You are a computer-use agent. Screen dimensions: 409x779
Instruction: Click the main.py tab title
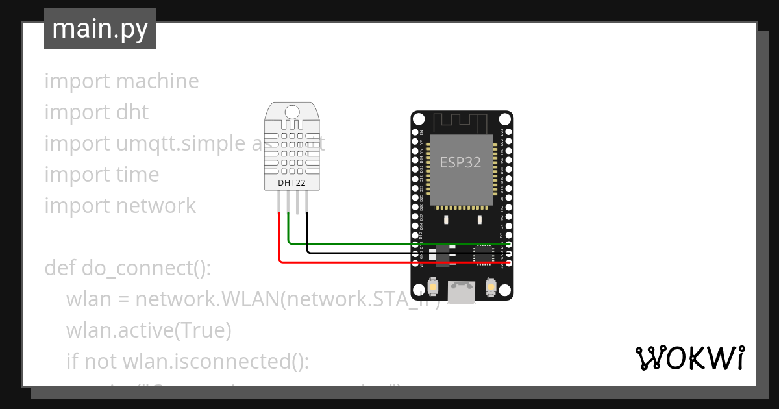(99, 29)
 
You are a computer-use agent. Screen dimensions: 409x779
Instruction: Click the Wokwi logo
(689, 358)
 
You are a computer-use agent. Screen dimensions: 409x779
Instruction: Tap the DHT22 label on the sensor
(291, 183)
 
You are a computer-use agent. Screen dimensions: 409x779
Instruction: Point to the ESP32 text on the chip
(460, 162)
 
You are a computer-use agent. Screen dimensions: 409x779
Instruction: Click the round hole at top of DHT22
(291, 111)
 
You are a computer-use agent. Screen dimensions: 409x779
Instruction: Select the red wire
(389, 262)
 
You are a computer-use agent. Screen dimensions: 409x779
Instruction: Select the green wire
(389, 244)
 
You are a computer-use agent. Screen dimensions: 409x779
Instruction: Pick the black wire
(389, 253)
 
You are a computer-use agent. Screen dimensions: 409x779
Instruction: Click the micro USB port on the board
(462, 293)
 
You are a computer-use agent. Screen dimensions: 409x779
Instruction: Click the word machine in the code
(157, 81)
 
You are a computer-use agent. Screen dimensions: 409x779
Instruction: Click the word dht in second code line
(132, 112)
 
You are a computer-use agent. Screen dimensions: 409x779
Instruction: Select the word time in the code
(137, 175)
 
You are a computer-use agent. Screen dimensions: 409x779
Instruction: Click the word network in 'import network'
(156, 206)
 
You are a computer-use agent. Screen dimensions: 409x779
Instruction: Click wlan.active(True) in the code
(149, 330)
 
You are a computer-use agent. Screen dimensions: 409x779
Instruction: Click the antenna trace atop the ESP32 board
(462, 121)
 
